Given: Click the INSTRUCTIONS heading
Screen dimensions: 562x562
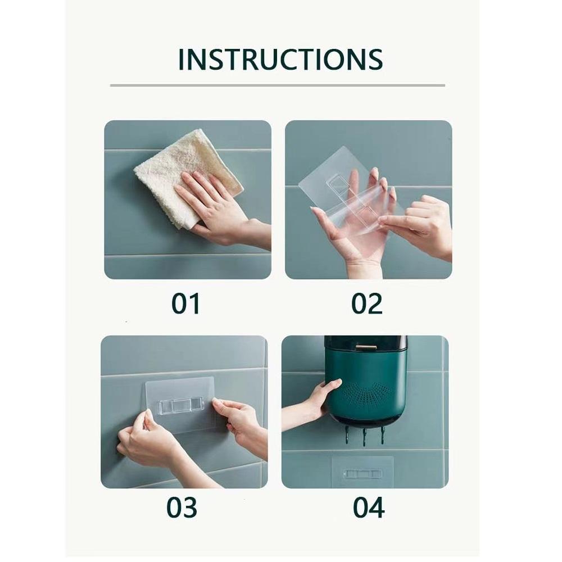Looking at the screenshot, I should [x=280, y=60].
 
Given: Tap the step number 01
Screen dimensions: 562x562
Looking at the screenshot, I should [x=186, y=303].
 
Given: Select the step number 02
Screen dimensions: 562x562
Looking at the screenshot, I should [x=366, y=303].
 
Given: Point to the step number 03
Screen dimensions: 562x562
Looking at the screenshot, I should [x=182, y=507].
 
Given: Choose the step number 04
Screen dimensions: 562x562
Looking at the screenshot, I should [x=369, y=507].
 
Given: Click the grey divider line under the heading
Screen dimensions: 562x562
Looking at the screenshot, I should [x=277, y=85].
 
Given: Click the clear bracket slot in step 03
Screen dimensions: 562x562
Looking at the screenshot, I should [x=180, y=405].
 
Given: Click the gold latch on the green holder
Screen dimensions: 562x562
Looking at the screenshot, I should [x=366, y=348].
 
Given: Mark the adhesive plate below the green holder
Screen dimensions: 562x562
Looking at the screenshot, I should [x=362, y=472].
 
